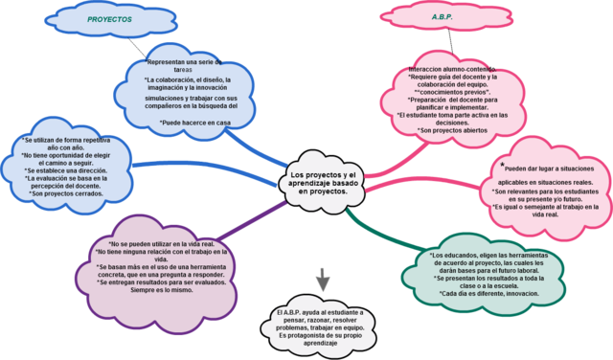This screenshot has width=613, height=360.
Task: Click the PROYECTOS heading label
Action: point(110,18)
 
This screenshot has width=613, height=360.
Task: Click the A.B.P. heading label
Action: point(443,16)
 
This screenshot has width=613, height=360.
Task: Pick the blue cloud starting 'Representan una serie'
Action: point(196,91)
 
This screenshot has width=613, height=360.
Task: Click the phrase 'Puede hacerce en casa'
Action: point(197,124)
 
